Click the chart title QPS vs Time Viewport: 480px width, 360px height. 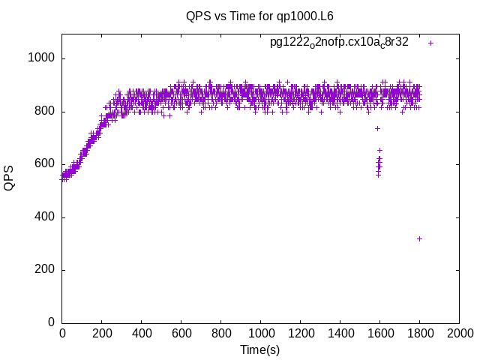(x=259, y=16)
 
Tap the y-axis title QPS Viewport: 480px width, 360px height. (x=9, y=178)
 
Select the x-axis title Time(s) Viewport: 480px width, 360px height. (x=259, y=349)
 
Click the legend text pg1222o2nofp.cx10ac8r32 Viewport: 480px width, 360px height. (x=339, y=43)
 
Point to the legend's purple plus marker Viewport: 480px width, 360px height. (x=430, y=43)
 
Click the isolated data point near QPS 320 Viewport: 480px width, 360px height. (x=419, y=238)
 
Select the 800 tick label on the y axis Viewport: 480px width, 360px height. (x=44, y=112)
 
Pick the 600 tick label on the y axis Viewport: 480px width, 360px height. (x=44, y=164)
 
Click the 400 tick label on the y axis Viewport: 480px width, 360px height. (x=44, y=217)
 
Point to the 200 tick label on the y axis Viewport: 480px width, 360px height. (x=44, y=270)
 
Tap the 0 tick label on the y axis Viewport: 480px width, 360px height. (x=52, y=322)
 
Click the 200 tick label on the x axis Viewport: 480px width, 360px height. (x=102, y=333)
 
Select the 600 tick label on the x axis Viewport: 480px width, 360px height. (x=181, y=333)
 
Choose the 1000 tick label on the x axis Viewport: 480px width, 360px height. (x=260, y=333)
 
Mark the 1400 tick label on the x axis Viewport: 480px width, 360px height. (x=340, y=333)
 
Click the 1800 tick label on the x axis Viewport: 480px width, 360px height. (x=419, y=333)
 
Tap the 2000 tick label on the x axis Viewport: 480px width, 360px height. (x=459, y=333)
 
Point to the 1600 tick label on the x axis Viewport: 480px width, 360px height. (x=379, y=333)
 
